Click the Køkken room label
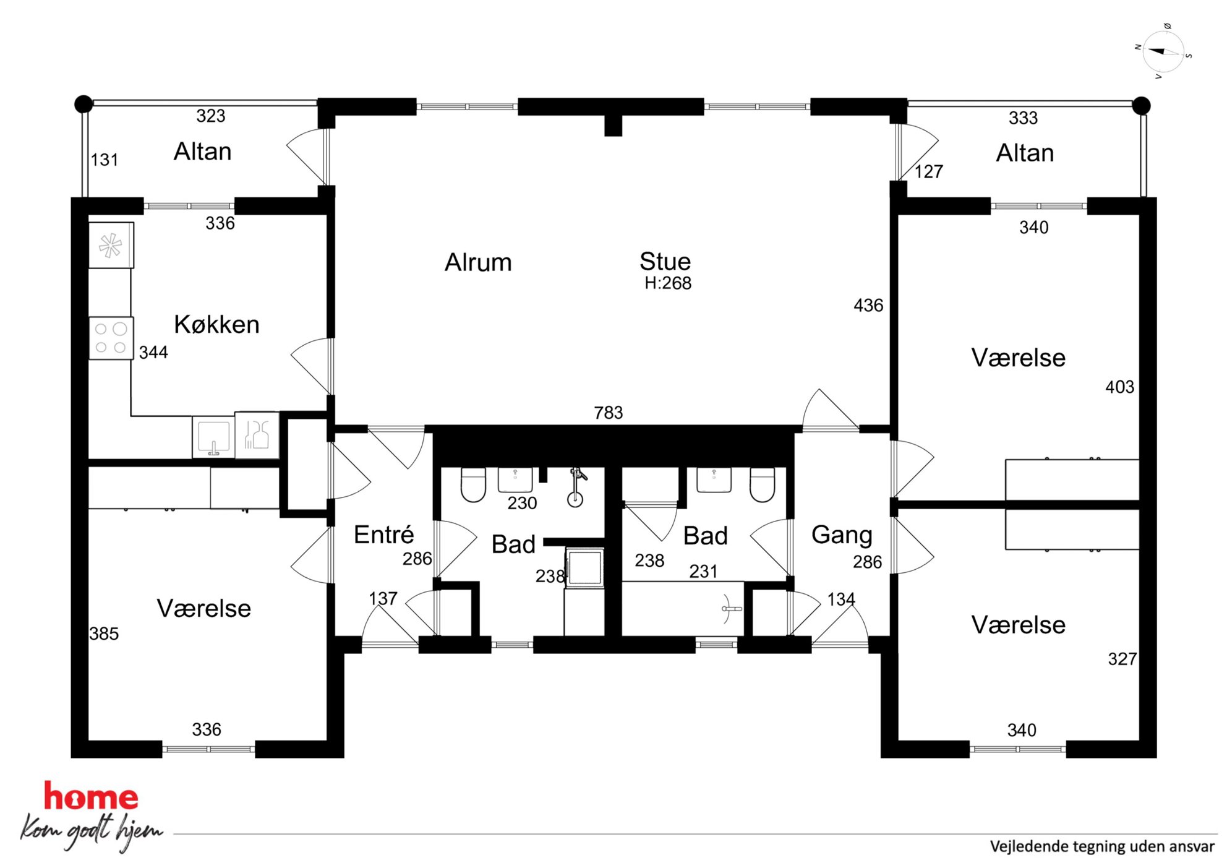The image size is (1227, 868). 216,324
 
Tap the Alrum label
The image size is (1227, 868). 478,262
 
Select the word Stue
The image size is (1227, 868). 665,261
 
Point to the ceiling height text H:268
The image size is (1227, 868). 668,283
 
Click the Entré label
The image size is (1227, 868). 383,534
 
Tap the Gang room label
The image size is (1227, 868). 842,535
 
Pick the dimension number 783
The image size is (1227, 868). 609,413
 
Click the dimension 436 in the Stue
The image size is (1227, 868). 868,305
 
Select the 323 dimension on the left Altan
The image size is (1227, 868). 211,116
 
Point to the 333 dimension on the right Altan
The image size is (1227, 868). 1023,118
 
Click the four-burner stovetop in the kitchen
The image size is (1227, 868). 111,338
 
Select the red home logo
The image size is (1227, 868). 91,796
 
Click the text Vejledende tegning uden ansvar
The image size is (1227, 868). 1102,846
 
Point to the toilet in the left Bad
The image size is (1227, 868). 473,484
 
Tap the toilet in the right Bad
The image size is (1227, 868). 762,484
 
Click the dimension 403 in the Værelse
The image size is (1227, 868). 1120,387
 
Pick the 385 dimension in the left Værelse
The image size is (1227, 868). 104,634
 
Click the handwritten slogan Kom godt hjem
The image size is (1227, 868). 92,832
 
